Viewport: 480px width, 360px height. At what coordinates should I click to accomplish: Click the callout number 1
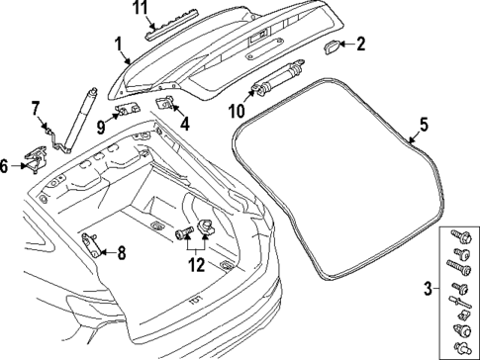(x=117, y=45)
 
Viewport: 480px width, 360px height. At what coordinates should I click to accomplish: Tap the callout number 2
(x=361, y=44)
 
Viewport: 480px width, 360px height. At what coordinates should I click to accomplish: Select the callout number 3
(x=427, y=289)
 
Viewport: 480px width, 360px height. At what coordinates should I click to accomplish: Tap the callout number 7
(x=34, y=107)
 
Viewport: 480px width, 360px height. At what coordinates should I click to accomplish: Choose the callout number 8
(x=122, y=252)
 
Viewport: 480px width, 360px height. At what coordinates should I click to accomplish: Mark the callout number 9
(x=101, y=125)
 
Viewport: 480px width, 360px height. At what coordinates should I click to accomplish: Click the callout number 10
(x=237, y=110)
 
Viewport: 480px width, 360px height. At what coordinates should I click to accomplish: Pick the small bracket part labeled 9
(x=125, y=110)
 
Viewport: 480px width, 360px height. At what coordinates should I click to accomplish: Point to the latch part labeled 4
(x=167, y=104)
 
